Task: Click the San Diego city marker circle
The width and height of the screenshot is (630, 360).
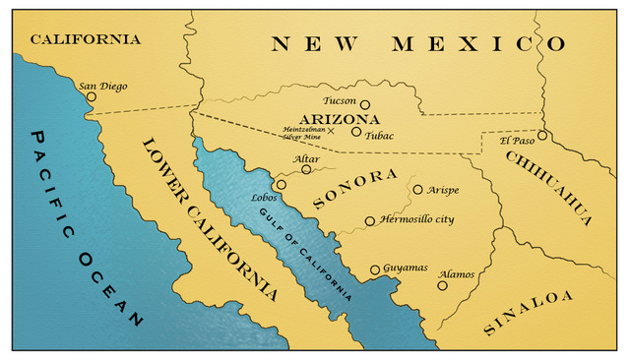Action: tap(92, 96)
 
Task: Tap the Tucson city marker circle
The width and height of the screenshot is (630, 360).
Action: tap(364, 104)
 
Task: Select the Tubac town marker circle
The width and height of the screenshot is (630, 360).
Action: tap(356, 131)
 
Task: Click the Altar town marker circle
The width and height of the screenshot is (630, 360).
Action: tap(306, 169)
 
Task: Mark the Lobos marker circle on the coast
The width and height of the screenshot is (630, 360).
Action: tap(281, 184)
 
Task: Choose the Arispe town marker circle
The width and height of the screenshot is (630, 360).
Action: tap(417, 189)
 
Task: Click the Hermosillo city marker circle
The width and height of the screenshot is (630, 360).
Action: tap(370, 221)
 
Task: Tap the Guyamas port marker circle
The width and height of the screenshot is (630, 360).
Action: tap(374, 269)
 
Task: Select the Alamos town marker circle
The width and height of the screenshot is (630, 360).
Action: tap(442, 285)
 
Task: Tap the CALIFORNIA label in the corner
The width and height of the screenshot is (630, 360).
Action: tap(86, 39)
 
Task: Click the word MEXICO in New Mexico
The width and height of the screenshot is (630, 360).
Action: tap(479, 44)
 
